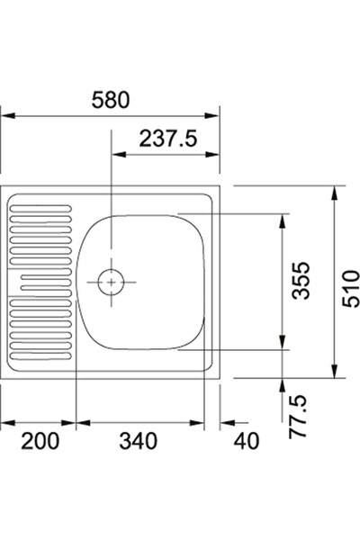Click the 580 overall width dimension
point(111,100)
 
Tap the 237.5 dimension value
point(168,139)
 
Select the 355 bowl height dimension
point(301,280)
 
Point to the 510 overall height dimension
point(350,289)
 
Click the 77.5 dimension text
point(297,416)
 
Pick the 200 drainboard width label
point(40,441)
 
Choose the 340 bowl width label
point(138,441)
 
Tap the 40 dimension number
point(246,441)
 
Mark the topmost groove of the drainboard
point(40,209)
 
